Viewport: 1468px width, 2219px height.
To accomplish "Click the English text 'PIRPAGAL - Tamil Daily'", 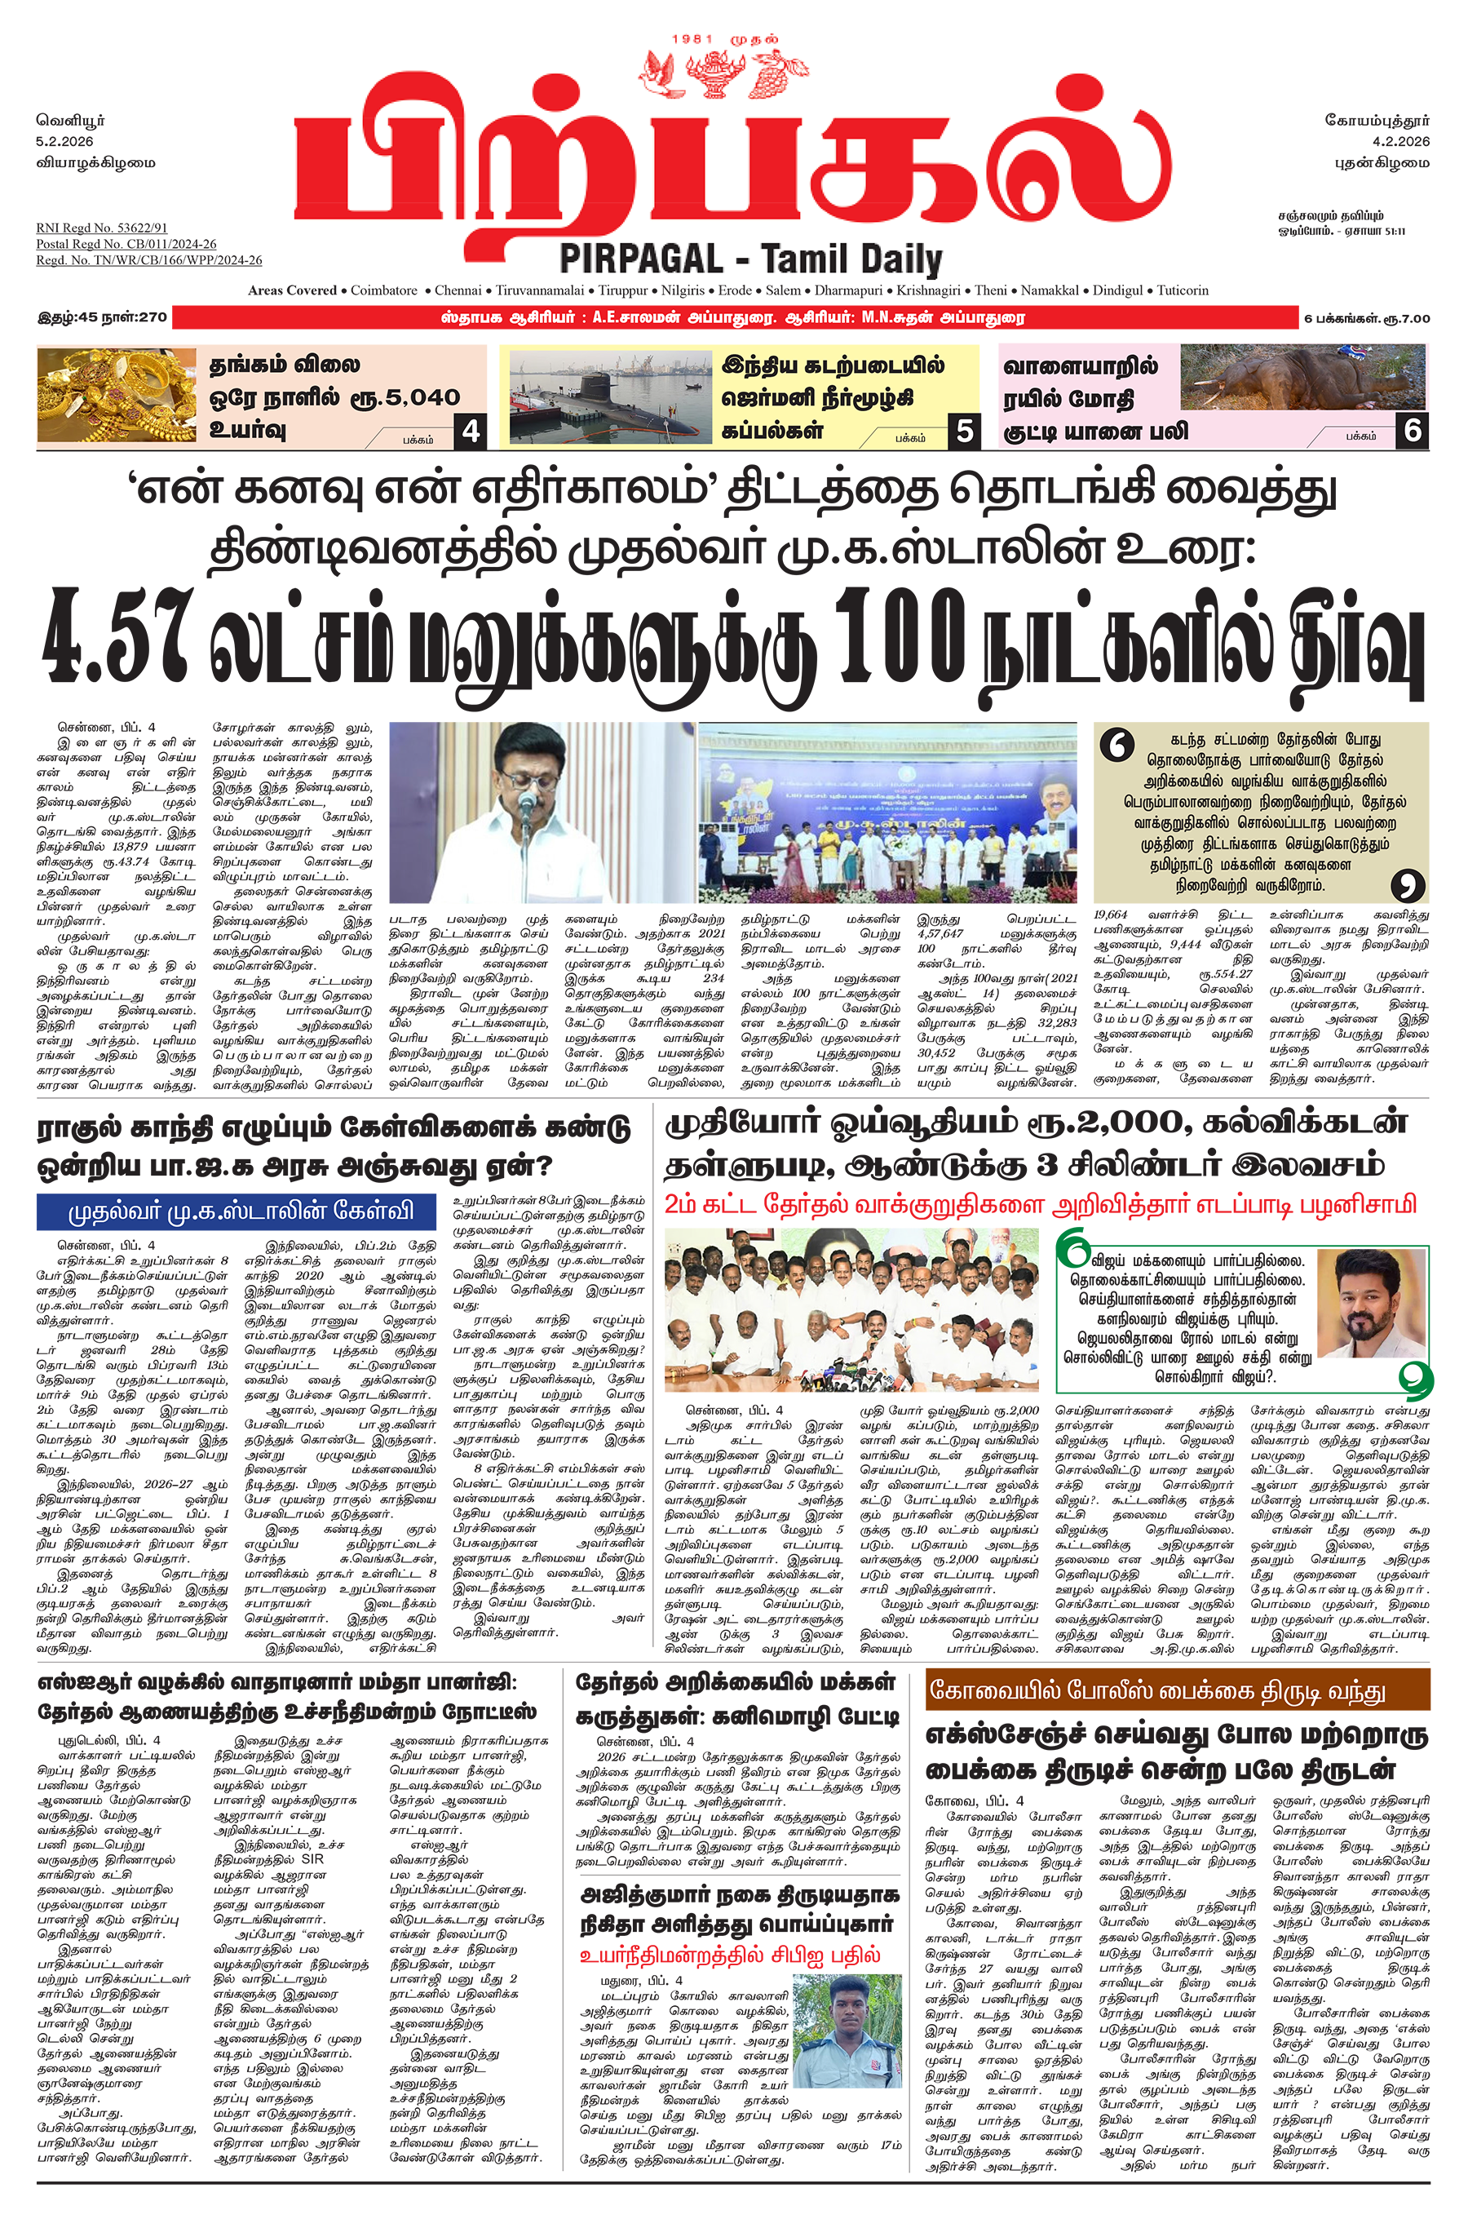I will click(750, 259).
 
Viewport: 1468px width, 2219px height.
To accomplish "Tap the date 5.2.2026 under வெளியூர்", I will click(64, 141).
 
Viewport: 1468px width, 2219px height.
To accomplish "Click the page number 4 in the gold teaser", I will click(471, 431).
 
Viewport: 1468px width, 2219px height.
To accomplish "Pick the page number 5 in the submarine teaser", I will click(964, 431).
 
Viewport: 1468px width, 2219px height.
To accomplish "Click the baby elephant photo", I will click(1302, 379).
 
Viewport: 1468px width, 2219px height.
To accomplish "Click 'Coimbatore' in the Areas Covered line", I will click(384, 290).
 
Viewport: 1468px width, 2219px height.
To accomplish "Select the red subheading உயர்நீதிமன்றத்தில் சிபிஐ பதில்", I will click(729, 1954).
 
